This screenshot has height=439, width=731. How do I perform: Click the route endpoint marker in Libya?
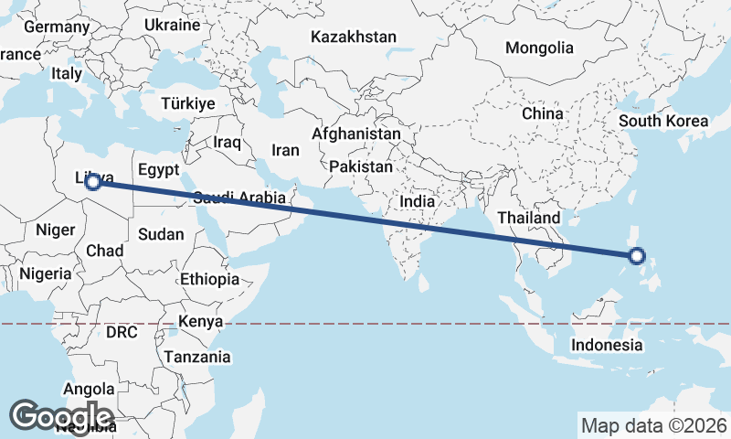coord(92,182)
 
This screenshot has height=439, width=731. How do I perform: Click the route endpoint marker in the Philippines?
coord(638,257)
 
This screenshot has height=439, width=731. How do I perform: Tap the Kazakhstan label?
coord(353,37)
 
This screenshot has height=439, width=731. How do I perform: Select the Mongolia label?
coord(539,48)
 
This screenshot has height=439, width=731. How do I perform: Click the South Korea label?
coord(662,121)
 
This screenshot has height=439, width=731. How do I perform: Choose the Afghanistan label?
coord(355,134)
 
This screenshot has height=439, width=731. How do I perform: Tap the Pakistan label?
coord(361,167)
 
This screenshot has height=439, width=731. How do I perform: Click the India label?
coord(417,201)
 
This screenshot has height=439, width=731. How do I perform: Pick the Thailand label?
coord(528,219)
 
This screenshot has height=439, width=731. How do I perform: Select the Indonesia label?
coord(607,345)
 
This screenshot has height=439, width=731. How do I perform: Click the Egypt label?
coord(158,170)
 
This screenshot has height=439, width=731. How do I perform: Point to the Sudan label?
coord(161,234)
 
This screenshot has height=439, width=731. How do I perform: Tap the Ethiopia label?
coord(209,279)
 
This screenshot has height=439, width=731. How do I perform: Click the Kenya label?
coord(201,322)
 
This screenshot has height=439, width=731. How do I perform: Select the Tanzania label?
coord(197,357)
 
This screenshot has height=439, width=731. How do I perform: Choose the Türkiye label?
coord(187,103)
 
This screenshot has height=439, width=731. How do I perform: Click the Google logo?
coord(61,416)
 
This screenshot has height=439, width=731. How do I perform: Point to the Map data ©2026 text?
coord(653,425)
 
